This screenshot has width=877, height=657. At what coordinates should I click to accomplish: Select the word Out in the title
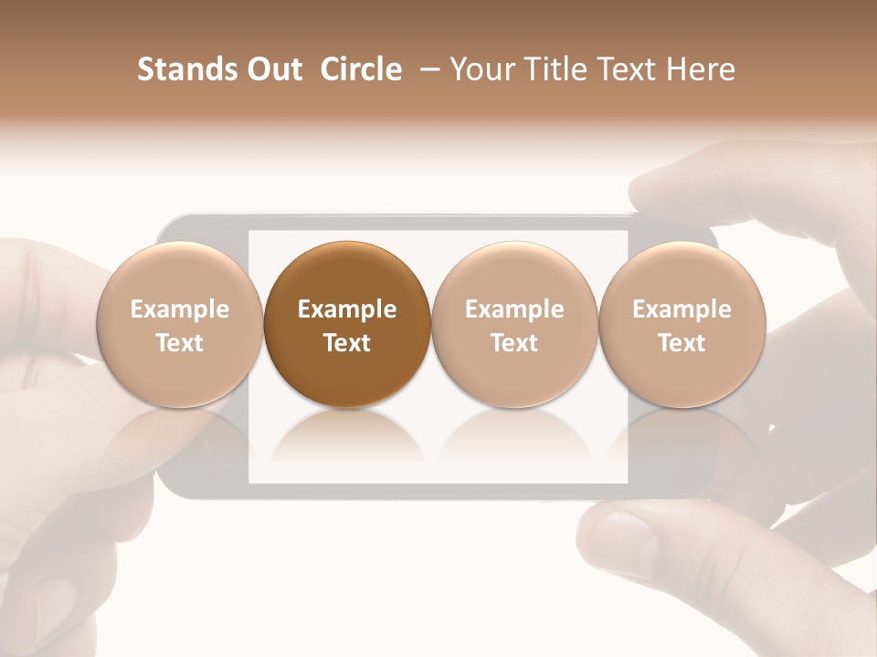[x=272, y=69]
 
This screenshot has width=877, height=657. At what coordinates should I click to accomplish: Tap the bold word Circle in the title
[x=361, y=69]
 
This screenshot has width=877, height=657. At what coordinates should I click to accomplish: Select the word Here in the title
[x=701, y=69]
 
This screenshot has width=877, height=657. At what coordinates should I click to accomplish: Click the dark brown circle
[x=347, y=325]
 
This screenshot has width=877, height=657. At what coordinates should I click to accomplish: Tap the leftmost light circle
[x=179, y=325]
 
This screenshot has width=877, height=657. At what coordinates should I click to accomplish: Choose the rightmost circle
[x=682, y=325]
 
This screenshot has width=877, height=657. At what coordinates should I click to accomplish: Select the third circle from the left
[x=514, y=325]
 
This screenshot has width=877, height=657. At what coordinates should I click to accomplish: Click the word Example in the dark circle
[x=347, y=309]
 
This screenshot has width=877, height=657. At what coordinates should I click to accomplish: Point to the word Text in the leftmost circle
[x=179, y=343]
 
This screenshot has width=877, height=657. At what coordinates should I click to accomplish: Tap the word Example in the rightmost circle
[x=682, y=309]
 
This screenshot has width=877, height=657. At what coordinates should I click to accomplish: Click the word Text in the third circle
[x=514, y=343]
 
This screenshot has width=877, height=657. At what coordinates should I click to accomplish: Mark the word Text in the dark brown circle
[x=347, y=343]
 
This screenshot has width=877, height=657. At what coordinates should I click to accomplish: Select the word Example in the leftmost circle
[x=179, y=309]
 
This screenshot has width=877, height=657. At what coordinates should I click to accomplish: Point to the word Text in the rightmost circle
[x=682, y=343]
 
